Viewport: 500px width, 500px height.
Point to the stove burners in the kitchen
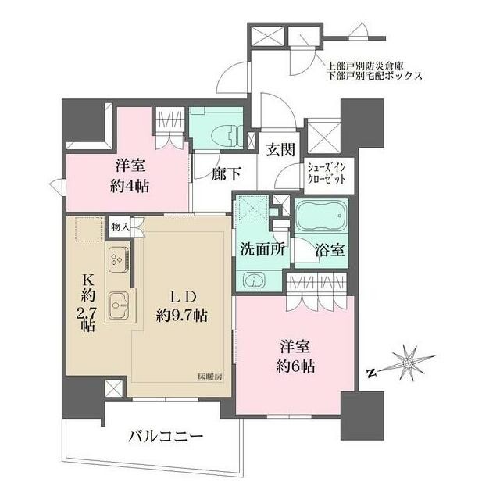(x=117, y=258)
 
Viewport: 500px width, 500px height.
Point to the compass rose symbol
(x=409, y=362)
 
